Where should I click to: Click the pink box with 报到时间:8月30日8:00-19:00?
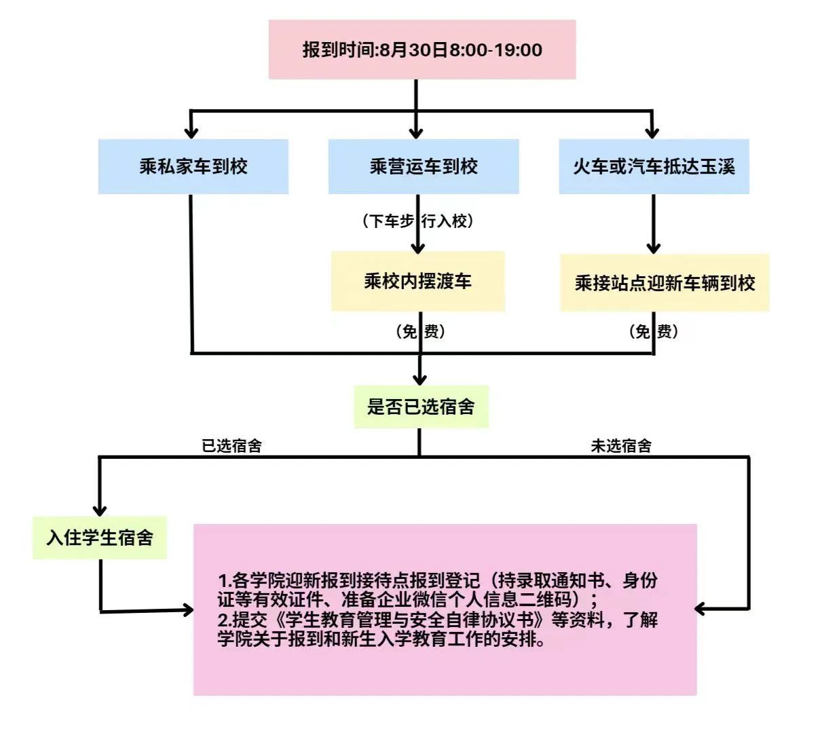tap(422, 50)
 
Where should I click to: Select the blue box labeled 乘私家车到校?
tap(193, 167)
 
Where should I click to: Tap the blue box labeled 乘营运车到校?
tap(424, 167)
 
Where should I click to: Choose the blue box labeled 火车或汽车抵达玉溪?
tap(654, 167)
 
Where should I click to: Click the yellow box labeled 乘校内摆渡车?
tap(417, 282)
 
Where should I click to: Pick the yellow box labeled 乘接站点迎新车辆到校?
tap(665, 283)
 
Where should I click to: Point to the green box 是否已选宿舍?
tap(421, 407)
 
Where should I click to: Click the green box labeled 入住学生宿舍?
tap(100, 538)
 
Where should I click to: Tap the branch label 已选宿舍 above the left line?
tap(231, 446)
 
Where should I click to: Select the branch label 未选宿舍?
tap(621, 446)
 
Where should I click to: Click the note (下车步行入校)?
tap(417, 221)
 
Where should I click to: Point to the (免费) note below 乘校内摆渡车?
tap(420, 332)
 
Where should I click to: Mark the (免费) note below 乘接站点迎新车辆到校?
tap(653, 332)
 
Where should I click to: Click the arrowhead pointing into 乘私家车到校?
tap(191, 132)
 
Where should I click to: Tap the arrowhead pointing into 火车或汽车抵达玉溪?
tap(652, 132)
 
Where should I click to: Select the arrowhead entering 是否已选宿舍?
tap(420, 379)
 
